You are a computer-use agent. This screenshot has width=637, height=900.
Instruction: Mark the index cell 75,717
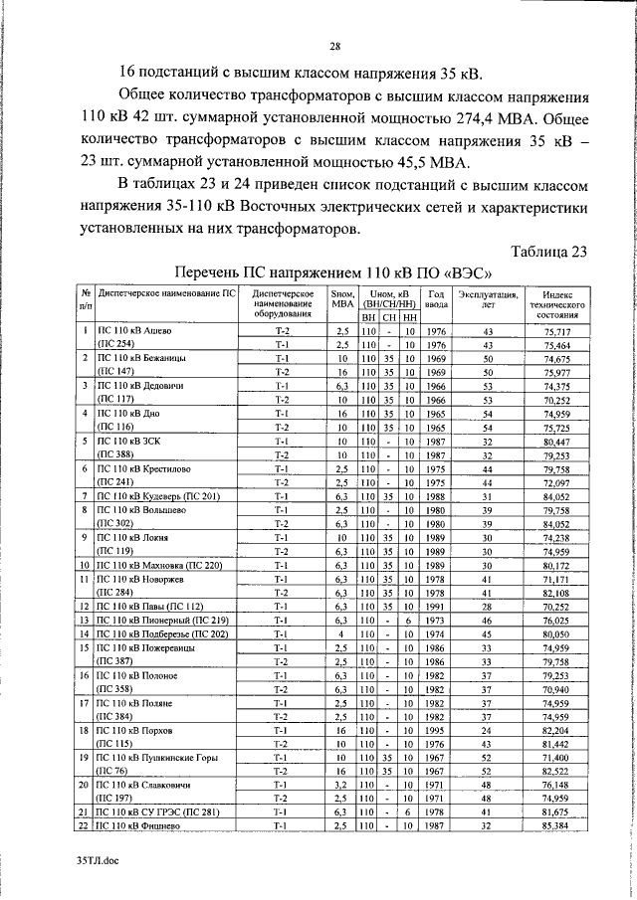[x=556, y=330]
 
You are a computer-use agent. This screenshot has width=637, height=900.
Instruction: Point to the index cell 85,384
[x=556, y=824]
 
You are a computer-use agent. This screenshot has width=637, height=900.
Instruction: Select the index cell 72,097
[x=556, y=480]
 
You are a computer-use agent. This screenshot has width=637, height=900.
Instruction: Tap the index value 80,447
[x=556, y=440]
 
